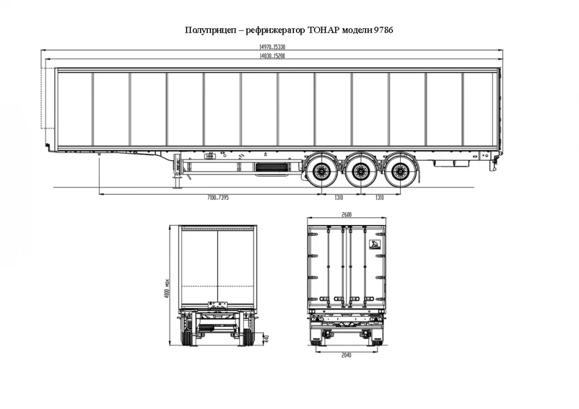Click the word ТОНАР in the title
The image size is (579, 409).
326,30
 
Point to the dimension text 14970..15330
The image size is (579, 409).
272,47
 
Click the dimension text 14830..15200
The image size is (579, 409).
272,57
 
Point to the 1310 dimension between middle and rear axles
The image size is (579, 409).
380,197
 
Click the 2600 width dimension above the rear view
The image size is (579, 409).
347,215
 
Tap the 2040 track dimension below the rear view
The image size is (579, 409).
347,355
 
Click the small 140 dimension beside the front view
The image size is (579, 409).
266,336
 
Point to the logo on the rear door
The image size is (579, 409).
374,244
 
